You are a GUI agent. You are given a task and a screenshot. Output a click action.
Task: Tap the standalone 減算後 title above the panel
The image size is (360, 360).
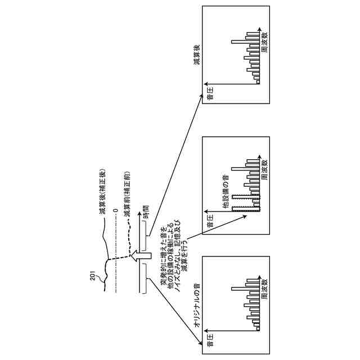click(x=197, y=53)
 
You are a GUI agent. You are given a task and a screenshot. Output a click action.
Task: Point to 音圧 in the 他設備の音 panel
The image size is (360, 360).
click(x=210, y=220)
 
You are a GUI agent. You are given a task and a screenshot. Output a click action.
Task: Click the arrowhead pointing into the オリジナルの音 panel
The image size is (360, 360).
click(x=199, y=343)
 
